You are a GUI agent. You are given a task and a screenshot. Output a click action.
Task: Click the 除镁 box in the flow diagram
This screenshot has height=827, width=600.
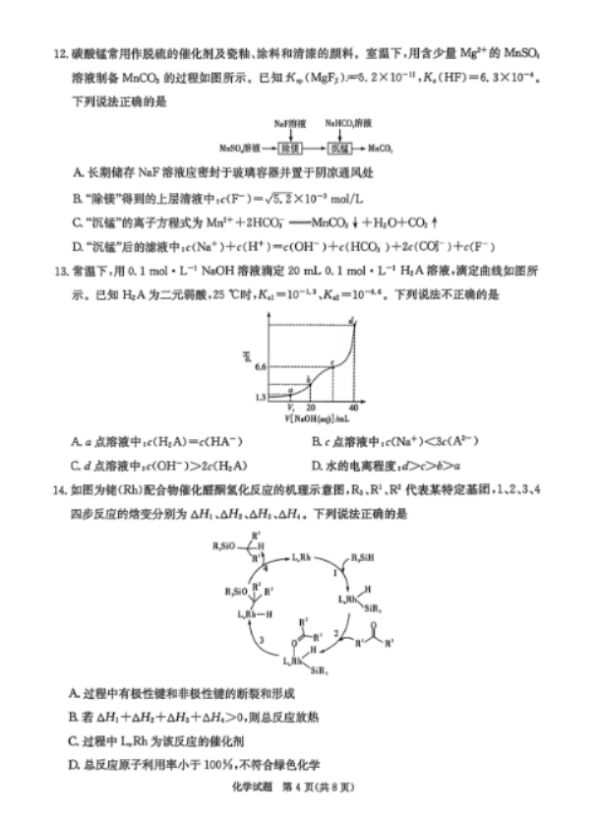288,148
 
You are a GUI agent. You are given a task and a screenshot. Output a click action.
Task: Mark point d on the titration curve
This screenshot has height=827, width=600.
351,320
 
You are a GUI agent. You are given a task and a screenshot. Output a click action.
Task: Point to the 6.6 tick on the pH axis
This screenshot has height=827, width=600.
259,365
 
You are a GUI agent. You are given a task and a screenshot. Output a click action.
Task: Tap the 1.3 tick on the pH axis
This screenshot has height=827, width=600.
259,397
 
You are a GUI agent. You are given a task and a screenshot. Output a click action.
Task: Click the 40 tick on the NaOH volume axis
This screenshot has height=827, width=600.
352,406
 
